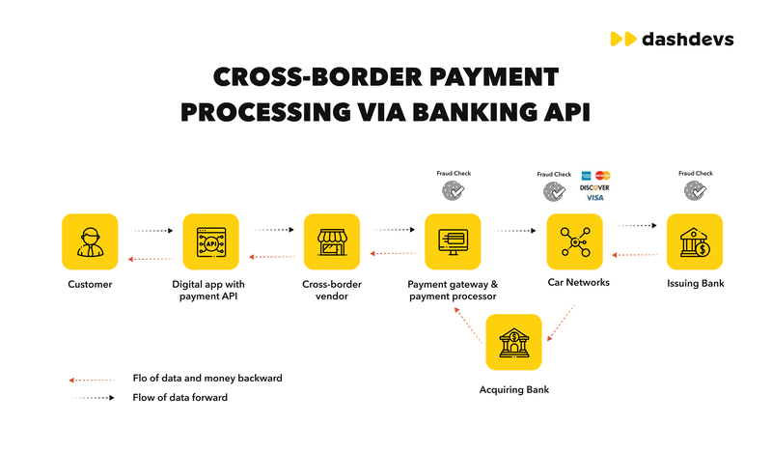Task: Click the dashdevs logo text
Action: (x=685, y=39)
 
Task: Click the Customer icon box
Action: (x=90, y=241)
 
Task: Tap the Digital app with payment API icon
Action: (x=211, y=241)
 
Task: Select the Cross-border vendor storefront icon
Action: (x=332, y=241)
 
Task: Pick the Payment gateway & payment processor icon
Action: (x=453, y=241)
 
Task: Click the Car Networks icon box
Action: (x=574, y=241)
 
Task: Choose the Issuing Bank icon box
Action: (x=695, y=241)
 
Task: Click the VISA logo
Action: (x=594, y=198)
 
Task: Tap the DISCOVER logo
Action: (x=594, y=187)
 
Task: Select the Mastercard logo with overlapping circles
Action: (x=603, y=175)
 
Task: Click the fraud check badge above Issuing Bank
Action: (x=695, y=192)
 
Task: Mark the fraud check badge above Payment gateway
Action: (x=453, y=192)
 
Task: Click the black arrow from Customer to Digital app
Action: (x=152, y=231)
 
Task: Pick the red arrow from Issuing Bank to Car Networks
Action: (x=635, y=255)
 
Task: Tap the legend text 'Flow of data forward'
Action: (x=179, y=397)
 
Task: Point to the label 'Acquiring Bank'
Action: (x=513, y=389)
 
